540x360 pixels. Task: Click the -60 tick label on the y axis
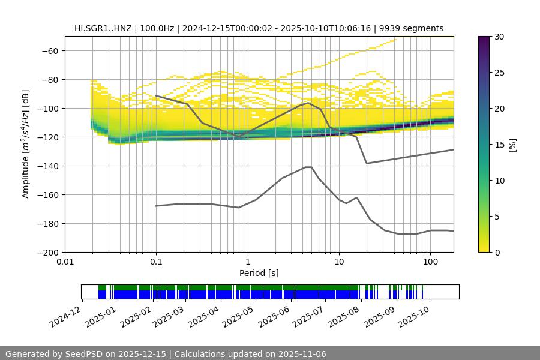tap(49, 51)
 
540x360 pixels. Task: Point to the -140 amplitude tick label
tap(47, 166)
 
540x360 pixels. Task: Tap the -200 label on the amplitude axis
tap(47, 253)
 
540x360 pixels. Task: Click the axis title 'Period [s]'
tap(259, 273)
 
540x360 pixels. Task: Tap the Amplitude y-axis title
tap(26, 144)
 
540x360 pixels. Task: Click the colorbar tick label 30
tap(499, 37)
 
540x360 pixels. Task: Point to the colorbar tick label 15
tap(499, 145)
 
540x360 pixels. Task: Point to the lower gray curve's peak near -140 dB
tap(308, 167)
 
